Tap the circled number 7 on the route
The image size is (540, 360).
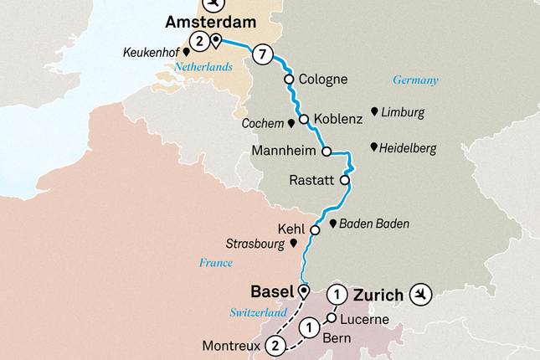click(263, 56)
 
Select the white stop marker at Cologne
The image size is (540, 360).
click(289, 80)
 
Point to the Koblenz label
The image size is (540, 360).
click(339, 120)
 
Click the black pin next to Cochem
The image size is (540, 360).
click(291, 123)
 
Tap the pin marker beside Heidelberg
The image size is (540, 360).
click(373, 147)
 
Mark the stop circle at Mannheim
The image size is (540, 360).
click(327, 152)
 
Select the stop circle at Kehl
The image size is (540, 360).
click(315, 230)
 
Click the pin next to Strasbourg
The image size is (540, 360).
click(292, 243)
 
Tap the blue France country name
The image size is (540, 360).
click(216, 262)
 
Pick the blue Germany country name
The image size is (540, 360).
click(416, 80)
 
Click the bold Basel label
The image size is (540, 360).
click(271, 292)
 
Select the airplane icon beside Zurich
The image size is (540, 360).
click(422, 294)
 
